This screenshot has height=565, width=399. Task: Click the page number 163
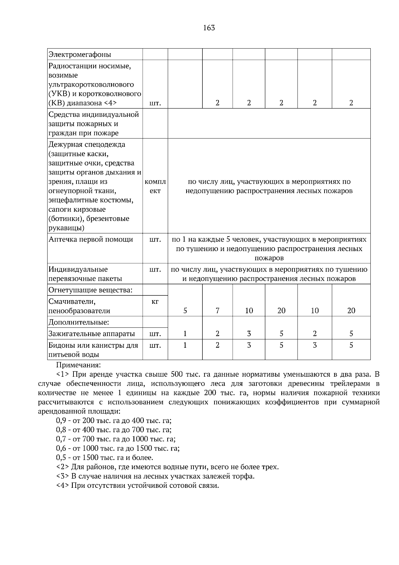click(209, 28)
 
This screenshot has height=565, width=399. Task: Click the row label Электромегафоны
click(80, 55)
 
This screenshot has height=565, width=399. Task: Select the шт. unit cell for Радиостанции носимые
click(155, 103)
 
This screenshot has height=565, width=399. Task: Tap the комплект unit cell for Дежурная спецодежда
click(155, 186)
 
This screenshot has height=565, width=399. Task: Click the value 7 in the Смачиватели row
click(217, 311)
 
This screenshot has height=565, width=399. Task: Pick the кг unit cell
click(155, 301)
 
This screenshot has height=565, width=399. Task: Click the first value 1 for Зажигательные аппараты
click(185, 334)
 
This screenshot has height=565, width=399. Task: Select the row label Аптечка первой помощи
click(91, 240)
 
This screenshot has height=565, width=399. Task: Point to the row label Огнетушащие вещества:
click(90, 290)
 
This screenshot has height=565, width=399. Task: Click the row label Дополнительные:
click(79, 322)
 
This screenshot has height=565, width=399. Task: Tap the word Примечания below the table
click(78, 365)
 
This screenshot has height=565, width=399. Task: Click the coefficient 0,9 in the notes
click(62, 420)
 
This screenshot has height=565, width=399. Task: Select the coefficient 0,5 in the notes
click(62, 458)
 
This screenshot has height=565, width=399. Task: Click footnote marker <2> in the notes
click(63, 467)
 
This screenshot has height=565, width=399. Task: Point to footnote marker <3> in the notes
click(63, 476)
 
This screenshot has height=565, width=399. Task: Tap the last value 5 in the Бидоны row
click(351, 345)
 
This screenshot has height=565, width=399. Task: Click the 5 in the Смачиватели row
click(185, 311)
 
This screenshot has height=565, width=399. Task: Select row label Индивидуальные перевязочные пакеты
click(85, 274)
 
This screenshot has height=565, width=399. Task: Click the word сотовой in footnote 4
click(184, 485)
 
